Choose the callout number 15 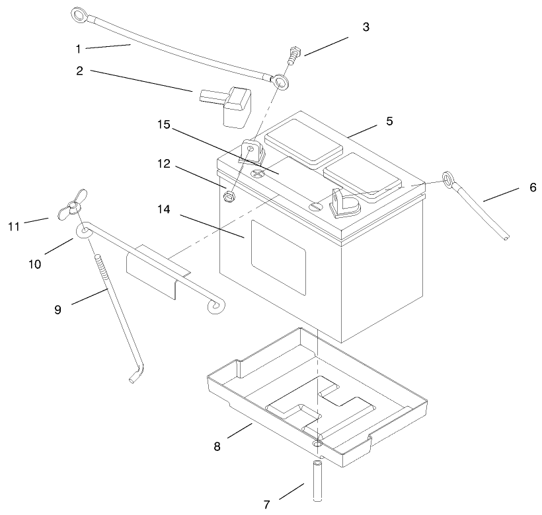point(163,124)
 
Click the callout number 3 point(366,28)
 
